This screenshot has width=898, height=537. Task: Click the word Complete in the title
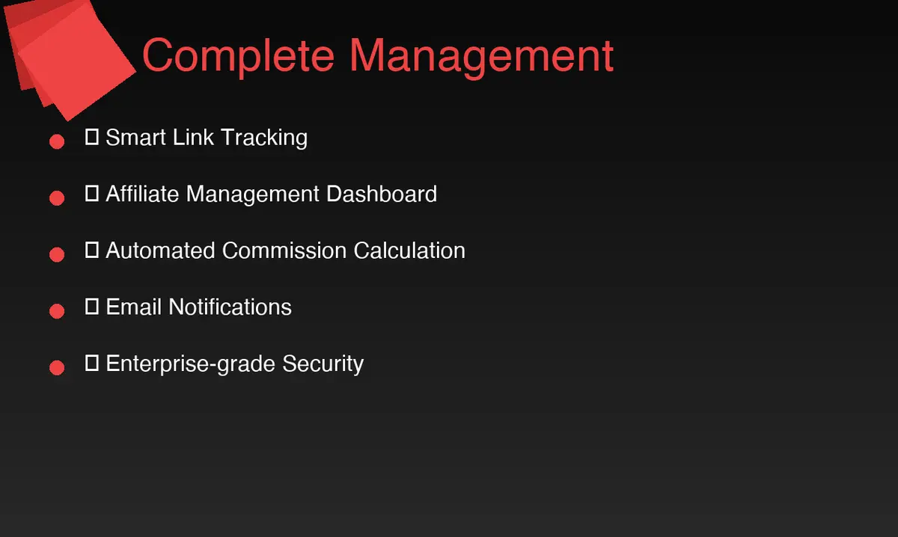tap(239, 55)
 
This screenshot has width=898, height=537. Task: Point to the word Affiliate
tap(142, 194)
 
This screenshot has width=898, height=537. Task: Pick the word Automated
tap(161, 250)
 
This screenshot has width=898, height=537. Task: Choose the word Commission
tap(284, 250)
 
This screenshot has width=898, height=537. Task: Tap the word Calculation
tap(409, 250)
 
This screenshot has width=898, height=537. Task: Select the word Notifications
tap(230, 307)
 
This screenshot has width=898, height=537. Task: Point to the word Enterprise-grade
tap(190, 364)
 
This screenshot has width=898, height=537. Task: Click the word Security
tap(323, 364)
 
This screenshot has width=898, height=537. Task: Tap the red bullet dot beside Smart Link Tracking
tap(57, 141)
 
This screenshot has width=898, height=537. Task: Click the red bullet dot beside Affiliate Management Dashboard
tap(57, 198)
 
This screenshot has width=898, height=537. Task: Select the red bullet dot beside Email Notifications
tap(57, 310)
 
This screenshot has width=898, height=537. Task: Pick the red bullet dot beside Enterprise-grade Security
tap(57, 367)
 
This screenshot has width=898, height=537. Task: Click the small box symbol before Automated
tap(92, 250)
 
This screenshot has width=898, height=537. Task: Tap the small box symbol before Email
tap(92, 307)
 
